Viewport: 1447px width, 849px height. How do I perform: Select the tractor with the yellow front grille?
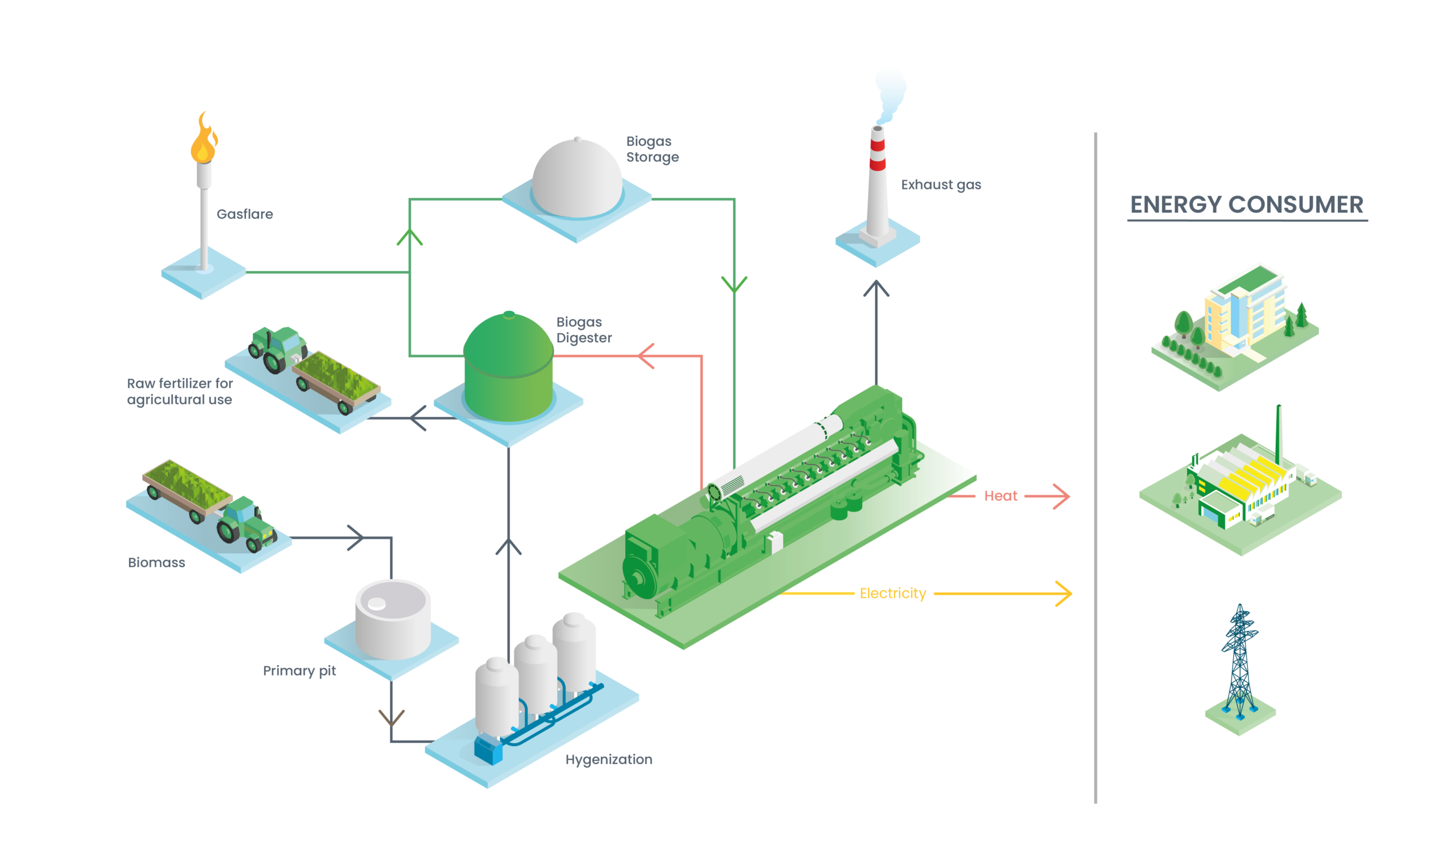click(246, 522)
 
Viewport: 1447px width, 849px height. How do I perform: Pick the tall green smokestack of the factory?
click(1279, 436)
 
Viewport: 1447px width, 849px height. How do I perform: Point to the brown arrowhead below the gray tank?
click(391, 717)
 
